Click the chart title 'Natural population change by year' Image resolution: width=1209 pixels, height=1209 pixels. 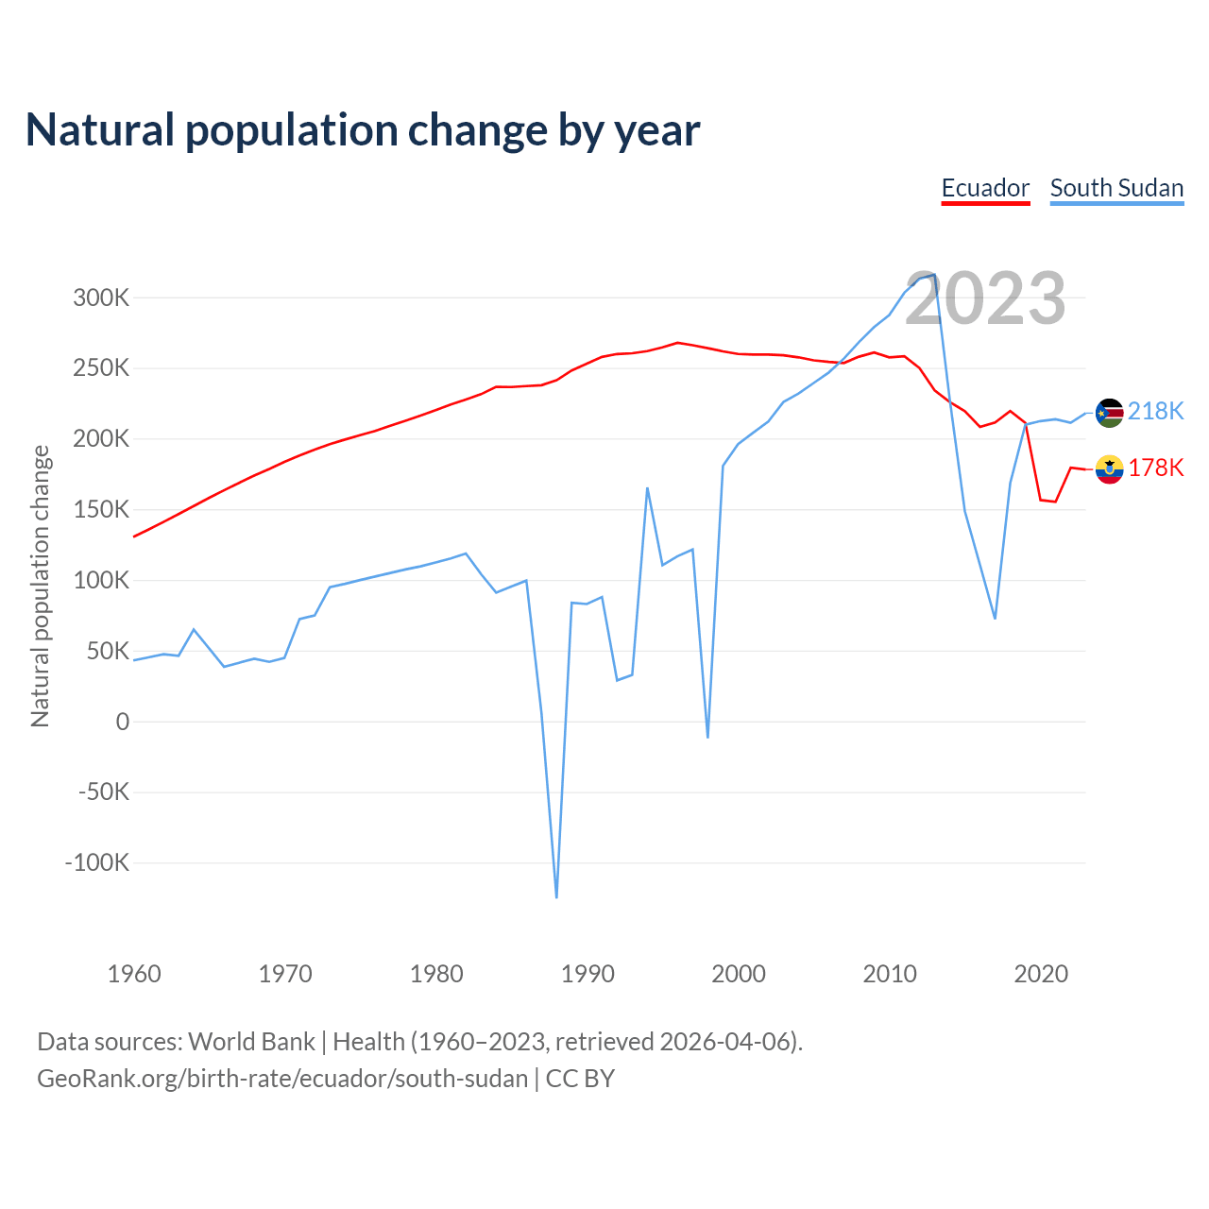coord(363,130)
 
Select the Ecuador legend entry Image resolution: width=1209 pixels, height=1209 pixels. coord(985,188)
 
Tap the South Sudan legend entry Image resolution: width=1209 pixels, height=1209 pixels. coord(1116,188)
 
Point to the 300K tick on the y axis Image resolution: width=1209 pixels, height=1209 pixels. coord(101,298)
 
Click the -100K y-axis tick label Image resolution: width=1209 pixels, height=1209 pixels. coord(97,863)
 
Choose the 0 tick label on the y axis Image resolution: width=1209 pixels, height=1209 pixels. coord(123,723)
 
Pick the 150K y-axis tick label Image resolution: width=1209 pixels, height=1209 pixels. coord(101,510)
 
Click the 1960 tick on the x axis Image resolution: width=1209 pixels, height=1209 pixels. coord(134,974)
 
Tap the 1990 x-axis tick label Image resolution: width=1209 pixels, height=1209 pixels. coord(587,974)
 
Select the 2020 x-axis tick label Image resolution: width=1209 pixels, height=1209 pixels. coord(1041,974)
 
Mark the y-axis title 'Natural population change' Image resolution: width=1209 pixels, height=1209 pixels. coord(41,587)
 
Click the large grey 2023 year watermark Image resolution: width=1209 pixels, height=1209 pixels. coord(985,298)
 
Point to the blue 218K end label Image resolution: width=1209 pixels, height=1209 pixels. coord(1155,411)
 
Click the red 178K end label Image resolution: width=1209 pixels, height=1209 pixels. coord(1155,468)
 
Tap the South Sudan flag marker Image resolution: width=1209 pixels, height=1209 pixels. coord(1109,413)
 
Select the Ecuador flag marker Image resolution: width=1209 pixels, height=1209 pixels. coord(1109,469)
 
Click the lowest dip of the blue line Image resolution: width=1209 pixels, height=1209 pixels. coord(556,896)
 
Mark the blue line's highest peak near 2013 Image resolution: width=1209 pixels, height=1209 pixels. coord(934,275)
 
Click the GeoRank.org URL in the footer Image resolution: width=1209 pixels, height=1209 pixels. coord(282,1079)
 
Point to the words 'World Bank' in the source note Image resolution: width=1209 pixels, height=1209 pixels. coord(251,1042)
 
